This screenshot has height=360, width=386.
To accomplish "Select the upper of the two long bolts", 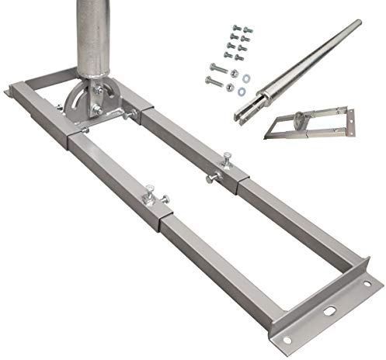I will click(x=218, y=68).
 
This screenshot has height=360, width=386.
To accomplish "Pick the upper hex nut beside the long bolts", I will click(x=234, y=74).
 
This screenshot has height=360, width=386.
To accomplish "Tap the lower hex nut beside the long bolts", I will click(x=231, y=85).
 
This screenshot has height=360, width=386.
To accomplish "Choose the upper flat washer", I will click(x=246, y=78).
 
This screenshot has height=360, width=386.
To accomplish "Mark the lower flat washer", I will click(x=242, y=91).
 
